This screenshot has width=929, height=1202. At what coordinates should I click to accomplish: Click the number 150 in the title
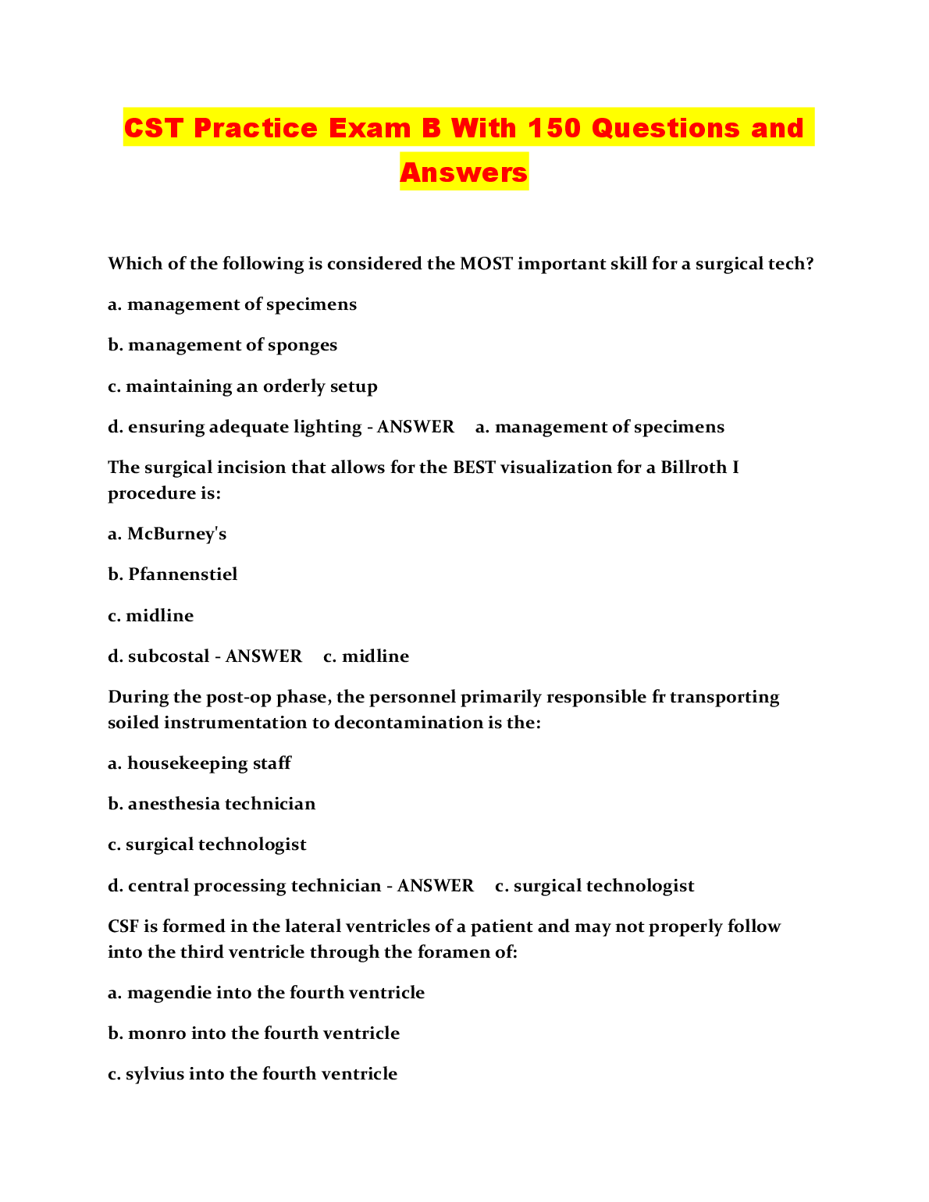(553, 128)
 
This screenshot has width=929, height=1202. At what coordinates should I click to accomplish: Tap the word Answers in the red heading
(464, 172)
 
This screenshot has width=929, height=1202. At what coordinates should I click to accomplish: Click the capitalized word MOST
(486, 264)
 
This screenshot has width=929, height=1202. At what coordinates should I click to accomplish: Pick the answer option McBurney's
(176, 534)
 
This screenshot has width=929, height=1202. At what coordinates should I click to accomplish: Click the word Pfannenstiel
(183, 574)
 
